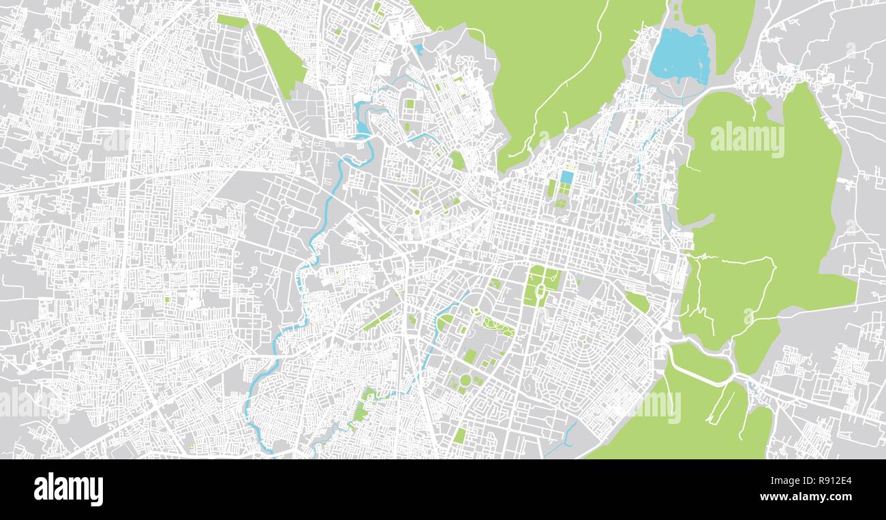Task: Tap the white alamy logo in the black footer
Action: click(68, 489)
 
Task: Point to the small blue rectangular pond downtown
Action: click(566, 177)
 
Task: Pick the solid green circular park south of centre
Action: click(465, 380)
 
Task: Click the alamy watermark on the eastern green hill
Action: click(747, 140)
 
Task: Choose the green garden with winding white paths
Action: click(498, 327)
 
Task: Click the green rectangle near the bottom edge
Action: click(460, 435)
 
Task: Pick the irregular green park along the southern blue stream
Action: click(360, 409)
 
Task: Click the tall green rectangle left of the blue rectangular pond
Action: click(551, 187)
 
